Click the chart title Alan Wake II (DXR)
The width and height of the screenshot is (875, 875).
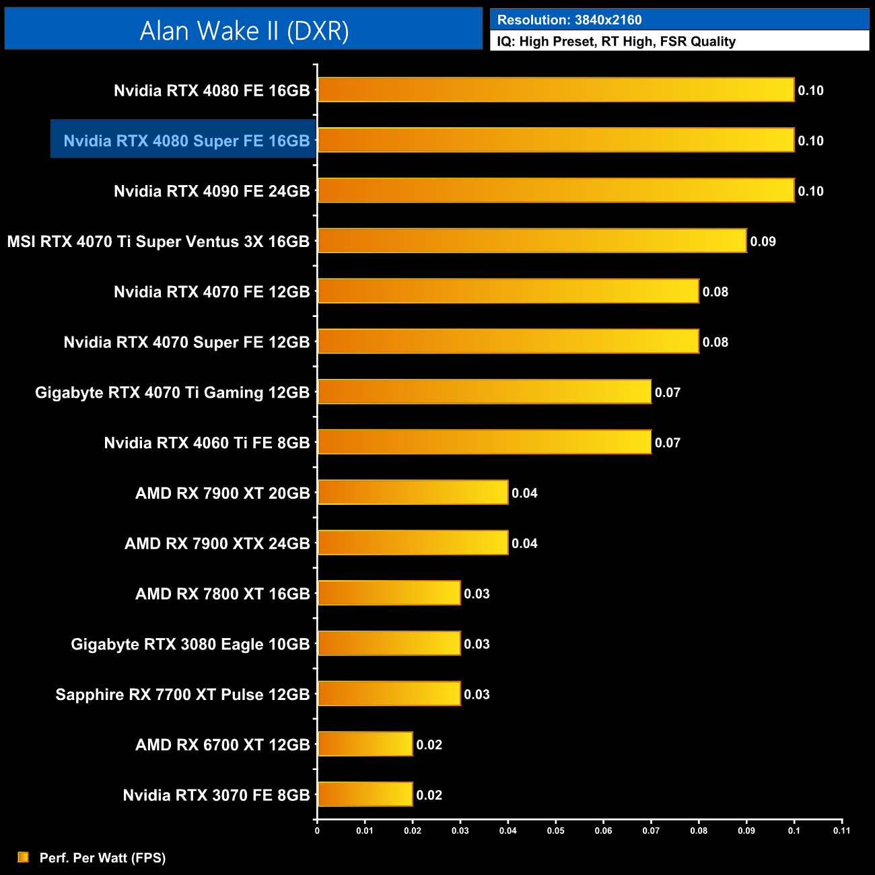click(x=244, y=30)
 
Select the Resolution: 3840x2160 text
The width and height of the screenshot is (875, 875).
click(x=569, y=20)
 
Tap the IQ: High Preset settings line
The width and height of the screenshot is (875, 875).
click(x=616, y=41)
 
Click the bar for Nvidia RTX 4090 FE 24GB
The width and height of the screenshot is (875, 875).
click(x=555, y=190)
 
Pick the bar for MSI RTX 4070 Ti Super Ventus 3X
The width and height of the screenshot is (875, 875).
click(x=532, y=241)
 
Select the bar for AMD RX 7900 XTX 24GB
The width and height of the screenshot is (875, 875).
click(x=413, y=542)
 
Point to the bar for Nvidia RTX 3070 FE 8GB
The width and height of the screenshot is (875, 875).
click(x=365, y=794)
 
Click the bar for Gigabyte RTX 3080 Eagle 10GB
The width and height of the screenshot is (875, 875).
click(x=389, y=643)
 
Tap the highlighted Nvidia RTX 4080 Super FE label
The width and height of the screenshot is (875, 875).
click(x=186, y=141)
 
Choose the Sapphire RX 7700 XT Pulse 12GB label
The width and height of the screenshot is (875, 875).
click(x=182, y=695)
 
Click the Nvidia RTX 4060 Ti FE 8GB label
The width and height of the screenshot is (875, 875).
click(x=207, y=443)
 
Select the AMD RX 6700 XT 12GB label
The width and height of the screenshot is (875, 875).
click(x=222, y=744)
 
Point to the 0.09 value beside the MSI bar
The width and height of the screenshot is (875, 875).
click(x=763, y=241)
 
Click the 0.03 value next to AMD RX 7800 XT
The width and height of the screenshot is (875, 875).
click(x=477, y=594)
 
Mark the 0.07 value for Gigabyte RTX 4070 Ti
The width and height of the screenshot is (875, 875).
click(x=667, y=392)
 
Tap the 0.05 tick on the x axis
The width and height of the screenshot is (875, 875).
click(x=555, y=831)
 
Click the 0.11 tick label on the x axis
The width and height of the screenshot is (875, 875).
click(x=841, y=831)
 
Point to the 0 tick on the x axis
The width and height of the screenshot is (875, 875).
click(x=317, y=831)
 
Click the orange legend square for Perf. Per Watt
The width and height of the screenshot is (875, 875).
click(x=23, y=857)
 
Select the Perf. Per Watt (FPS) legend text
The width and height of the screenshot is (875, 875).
click(x=102, y=858)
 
